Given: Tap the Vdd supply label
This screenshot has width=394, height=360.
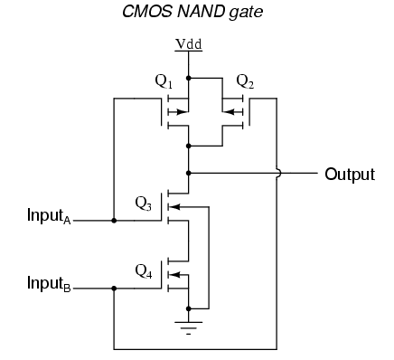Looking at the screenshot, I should click(x=188, y=43).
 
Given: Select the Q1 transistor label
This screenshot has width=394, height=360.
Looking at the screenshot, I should click(x=164, y=82).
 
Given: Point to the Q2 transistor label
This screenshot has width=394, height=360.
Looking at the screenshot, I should click(x=245, y=82).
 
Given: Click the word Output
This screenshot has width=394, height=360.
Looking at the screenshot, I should click(x=349, y=174).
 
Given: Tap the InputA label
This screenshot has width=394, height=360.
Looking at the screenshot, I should click(x=52, y=218).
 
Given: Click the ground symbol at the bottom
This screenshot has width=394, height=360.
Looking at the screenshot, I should click(x=188, y=325).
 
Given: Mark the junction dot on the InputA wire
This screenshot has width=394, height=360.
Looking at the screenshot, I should click(x=114, y=219).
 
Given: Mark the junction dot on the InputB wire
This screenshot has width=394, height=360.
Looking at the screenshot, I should click(x=114, y=289).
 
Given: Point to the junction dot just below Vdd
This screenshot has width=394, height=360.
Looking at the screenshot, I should click(x=188, y=79).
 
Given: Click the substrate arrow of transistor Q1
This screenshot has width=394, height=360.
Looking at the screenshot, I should click(x=181, y=113).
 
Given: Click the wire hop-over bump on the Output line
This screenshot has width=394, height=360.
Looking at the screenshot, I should click(x=277, y=172).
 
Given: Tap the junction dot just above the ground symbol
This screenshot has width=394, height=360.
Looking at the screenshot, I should click(x=188, y=307).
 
